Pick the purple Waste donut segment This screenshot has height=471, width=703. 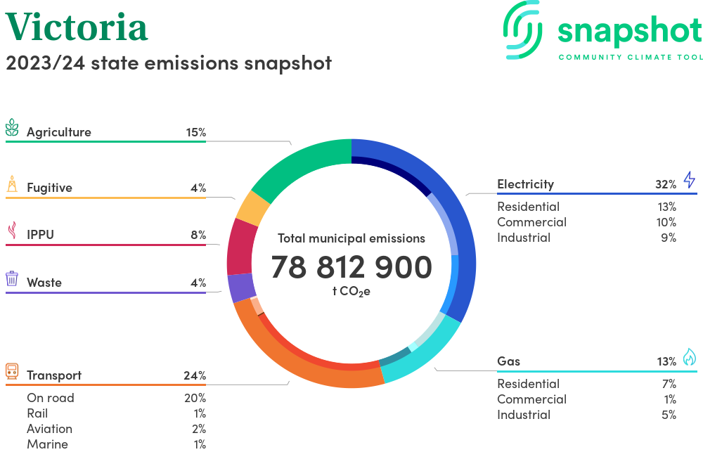(241, 287)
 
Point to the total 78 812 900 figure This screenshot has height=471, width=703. (351, 268)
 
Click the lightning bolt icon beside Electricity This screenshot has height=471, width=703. (689, 180)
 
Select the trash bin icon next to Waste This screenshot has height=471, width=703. (12, 279)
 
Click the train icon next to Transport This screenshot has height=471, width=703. (12, 371)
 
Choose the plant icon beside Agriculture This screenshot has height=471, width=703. (12, 128)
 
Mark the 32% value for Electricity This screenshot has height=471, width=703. (666, 184)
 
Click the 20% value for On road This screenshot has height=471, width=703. (195, 398)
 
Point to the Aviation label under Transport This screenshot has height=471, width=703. (49, 429)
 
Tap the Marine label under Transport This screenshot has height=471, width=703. (47, 444)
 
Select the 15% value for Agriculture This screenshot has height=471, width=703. (195, 132)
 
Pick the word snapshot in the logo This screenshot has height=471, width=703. (629, 31)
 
